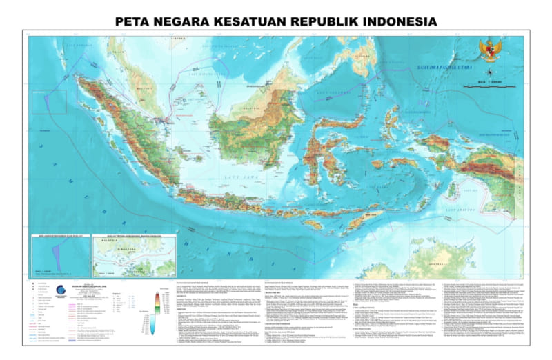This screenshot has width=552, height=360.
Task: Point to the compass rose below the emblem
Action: click(489, 72)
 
